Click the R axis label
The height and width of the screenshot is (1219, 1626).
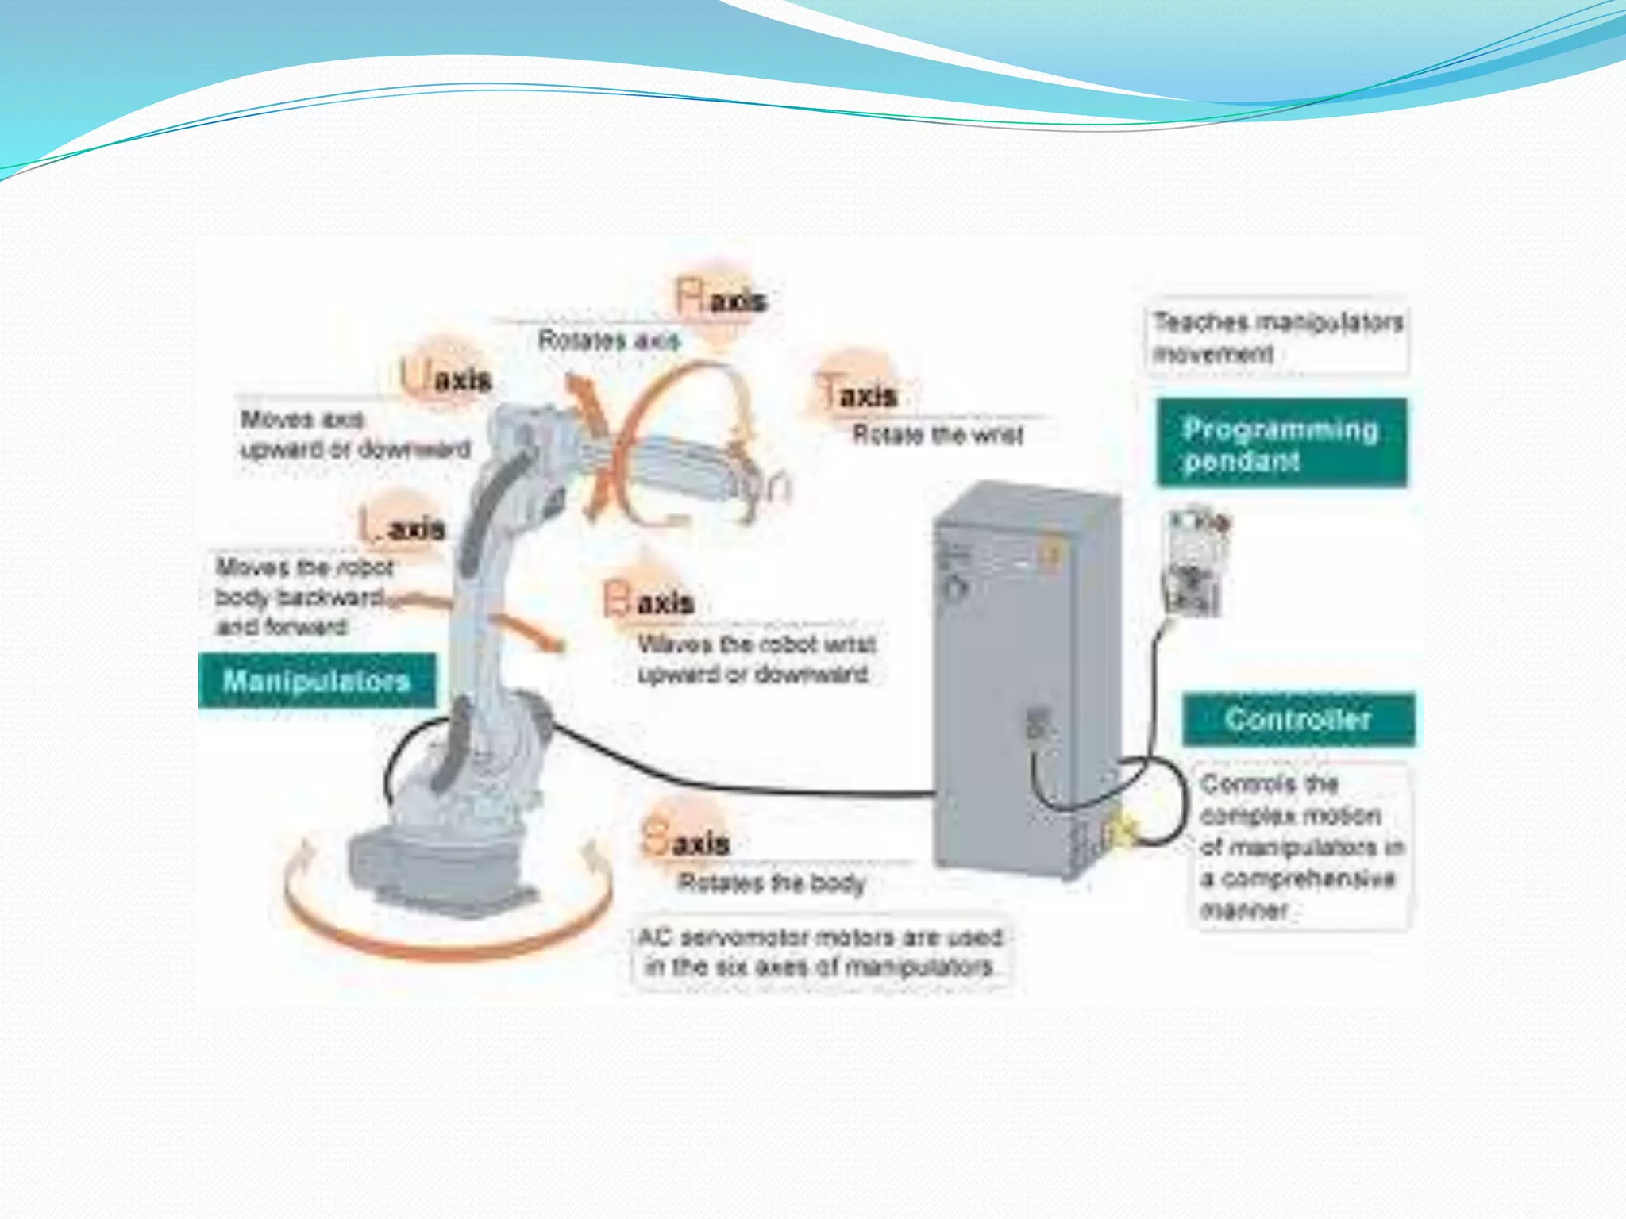pos(722,299)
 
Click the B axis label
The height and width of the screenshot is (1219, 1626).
pos(649,602)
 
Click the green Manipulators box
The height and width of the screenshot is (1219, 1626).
pos(317,680)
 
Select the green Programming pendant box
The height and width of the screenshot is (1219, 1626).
pos(1281,444)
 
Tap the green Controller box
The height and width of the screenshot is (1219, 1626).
pos(1298,719)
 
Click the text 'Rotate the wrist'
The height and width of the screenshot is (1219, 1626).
pos(938,434)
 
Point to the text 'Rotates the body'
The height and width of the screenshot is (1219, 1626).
pos(771,883)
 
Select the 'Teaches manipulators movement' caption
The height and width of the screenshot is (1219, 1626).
pos(1277,336)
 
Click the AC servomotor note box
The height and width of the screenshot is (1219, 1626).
pos(821,952)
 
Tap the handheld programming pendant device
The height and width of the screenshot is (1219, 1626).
pos(1195,563)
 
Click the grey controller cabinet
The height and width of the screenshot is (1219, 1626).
pos(1024,675)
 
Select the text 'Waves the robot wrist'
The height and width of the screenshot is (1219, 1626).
pos(757,644)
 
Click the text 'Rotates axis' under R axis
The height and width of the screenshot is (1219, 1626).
pos(609,340)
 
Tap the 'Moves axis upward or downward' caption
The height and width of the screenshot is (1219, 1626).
pos(355,434)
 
